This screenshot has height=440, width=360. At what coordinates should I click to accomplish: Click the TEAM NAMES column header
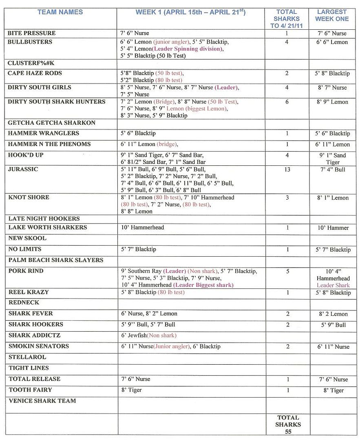(x=60, y=12)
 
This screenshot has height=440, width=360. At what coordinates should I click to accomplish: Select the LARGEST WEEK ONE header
(x=332, y=15)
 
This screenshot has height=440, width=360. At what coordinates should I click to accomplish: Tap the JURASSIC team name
(x=23, y=169)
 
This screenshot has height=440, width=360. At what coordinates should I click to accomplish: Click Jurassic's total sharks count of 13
(x=287, y=169)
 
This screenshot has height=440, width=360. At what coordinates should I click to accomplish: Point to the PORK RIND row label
(x=26, y=271)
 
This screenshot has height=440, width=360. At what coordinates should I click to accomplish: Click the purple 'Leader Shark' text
(x=333, y=285)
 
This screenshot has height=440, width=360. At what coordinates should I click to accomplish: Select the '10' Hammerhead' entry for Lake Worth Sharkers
(x=142, y=227)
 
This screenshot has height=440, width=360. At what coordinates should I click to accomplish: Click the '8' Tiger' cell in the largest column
(x=333, y=390)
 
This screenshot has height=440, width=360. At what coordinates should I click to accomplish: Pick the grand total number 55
(x=288, y=432)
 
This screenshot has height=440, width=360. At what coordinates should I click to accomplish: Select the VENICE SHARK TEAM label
(x=42, y=401)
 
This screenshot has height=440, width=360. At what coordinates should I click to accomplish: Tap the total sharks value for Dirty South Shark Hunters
(x=287, y=102)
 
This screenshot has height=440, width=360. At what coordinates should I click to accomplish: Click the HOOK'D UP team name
(x=26, y=155)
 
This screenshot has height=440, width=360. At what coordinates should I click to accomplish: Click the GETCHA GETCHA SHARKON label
(x=52, y=123)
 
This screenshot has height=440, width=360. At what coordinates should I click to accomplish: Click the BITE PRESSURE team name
(x=31, y=33)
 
